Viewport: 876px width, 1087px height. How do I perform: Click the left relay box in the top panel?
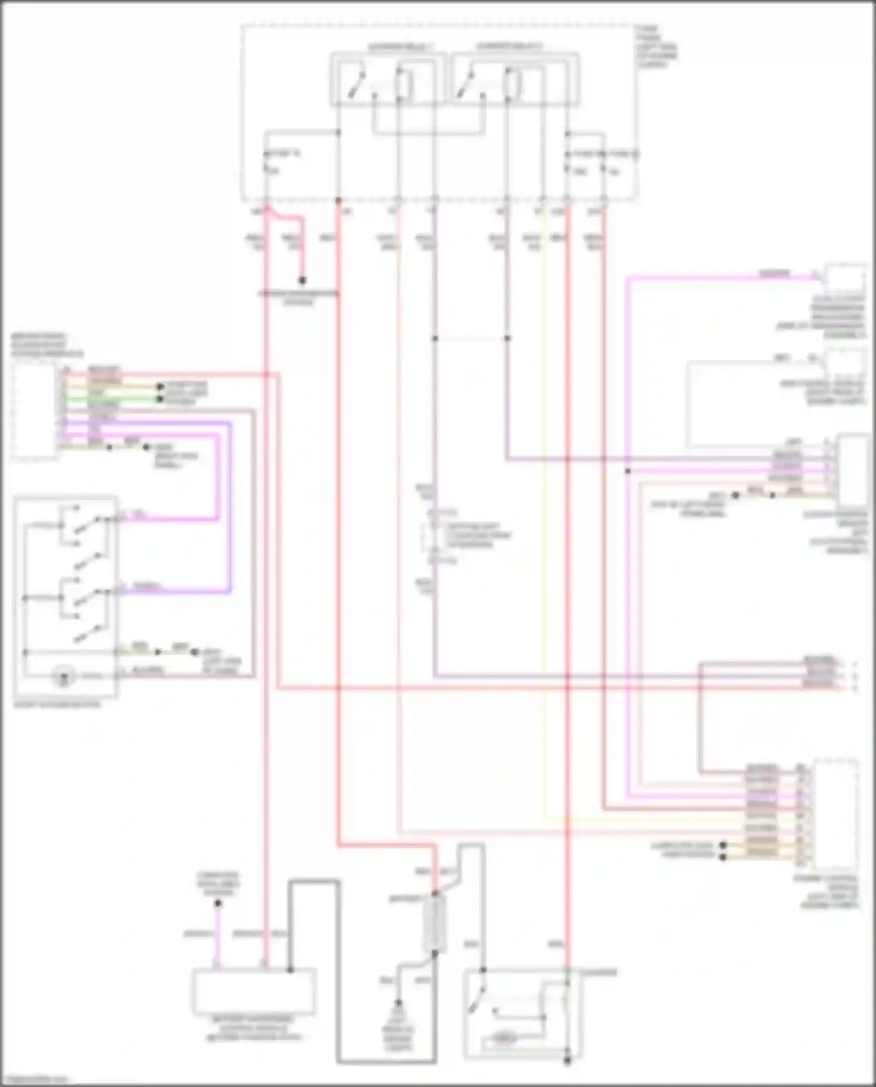[x=383, y=79]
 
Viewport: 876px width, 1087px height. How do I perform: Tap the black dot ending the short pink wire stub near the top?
[x=303, y=281]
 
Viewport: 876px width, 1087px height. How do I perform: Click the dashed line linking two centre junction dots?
[x=471, y=338]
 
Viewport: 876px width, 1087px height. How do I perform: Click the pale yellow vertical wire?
[x=544, y=526]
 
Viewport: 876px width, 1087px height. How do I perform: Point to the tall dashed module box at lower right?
[x=836, y=812]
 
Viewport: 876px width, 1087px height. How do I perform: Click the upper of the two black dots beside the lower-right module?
[x=723, y=845]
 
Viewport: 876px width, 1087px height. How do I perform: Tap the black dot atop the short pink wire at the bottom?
[x=217, y=904]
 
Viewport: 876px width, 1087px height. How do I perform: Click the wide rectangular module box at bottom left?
[x=254, y=991]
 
